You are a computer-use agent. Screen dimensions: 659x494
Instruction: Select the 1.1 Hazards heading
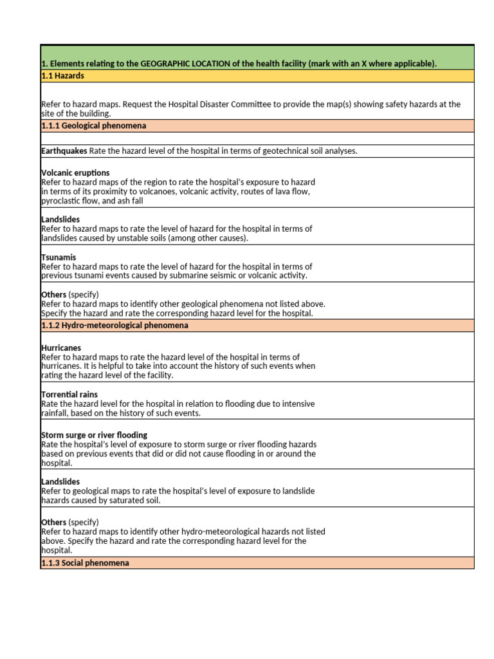pos(62,76)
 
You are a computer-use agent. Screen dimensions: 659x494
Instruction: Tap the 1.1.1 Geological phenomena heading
pos(93,125)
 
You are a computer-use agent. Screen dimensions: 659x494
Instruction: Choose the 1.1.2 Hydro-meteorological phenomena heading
pos(114,326)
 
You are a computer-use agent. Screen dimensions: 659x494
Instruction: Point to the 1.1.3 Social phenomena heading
pos(85,563)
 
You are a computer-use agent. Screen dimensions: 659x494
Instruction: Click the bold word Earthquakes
pos(64,151)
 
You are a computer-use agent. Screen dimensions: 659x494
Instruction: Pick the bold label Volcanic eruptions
pos(75,173)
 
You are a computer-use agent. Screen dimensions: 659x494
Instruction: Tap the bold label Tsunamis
pos(59,257)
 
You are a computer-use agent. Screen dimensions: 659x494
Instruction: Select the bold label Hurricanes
pos(61,348)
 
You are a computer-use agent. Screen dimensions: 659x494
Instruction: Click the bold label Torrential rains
pos(69,394)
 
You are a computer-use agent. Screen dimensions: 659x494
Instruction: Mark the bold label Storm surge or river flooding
pos(94,435)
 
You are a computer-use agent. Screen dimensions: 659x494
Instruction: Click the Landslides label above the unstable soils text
pos(60,219)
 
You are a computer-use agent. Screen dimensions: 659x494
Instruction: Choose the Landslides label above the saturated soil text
pos(60,481)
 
